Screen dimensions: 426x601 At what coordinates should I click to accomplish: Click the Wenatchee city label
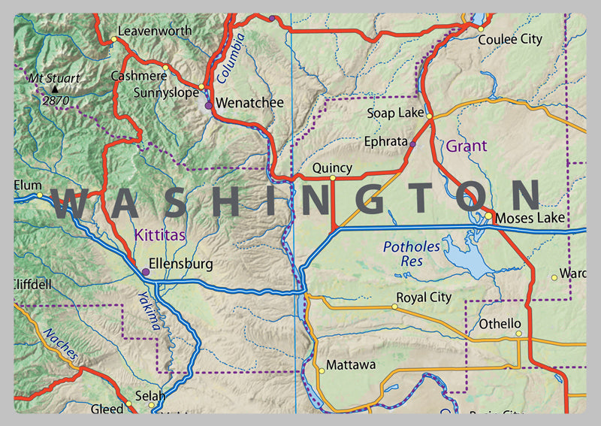point(249,102)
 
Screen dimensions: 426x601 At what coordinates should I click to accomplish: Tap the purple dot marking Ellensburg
point(145,272)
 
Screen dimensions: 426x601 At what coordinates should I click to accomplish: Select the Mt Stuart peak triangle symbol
point(53,89)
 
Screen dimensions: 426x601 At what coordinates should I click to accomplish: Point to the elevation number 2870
point(56,100)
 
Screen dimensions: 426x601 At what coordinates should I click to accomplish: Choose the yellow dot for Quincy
point(333,178)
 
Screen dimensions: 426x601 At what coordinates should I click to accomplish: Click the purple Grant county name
point(467,146)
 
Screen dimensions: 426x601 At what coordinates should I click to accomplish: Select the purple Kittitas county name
point(159,236)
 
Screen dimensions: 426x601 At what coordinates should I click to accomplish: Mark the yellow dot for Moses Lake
point(488,216)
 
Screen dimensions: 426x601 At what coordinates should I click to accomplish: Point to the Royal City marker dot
point(395,307)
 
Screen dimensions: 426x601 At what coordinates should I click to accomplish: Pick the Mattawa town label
point(352,365)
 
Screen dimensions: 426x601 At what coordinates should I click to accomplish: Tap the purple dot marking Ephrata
point(412,143)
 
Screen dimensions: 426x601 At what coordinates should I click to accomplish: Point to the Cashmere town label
point(138,76)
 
